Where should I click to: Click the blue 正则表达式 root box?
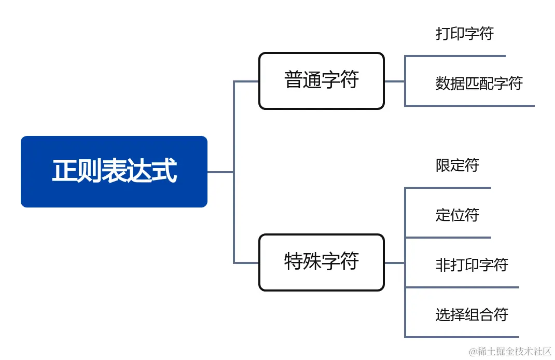114,172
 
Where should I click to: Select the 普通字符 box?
321,81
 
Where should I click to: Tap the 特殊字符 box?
321,262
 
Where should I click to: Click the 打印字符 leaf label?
464,34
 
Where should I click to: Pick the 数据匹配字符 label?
479,83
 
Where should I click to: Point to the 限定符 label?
457,165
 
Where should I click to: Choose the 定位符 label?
457,215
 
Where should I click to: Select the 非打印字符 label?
471,265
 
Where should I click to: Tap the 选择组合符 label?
471,314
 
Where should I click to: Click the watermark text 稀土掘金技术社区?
510,351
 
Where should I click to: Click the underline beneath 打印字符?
455,56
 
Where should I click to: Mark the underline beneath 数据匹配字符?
469,106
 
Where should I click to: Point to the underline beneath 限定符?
448,188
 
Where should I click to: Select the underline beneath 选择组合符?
462,337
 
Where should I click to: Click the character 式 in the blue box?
164,172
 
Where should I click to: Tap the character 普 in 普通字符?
294,81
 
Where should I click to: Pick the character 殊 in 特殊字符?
312,262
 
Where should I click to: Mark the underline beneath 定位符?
448,238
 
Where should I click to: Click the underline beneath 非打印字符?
462,287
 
